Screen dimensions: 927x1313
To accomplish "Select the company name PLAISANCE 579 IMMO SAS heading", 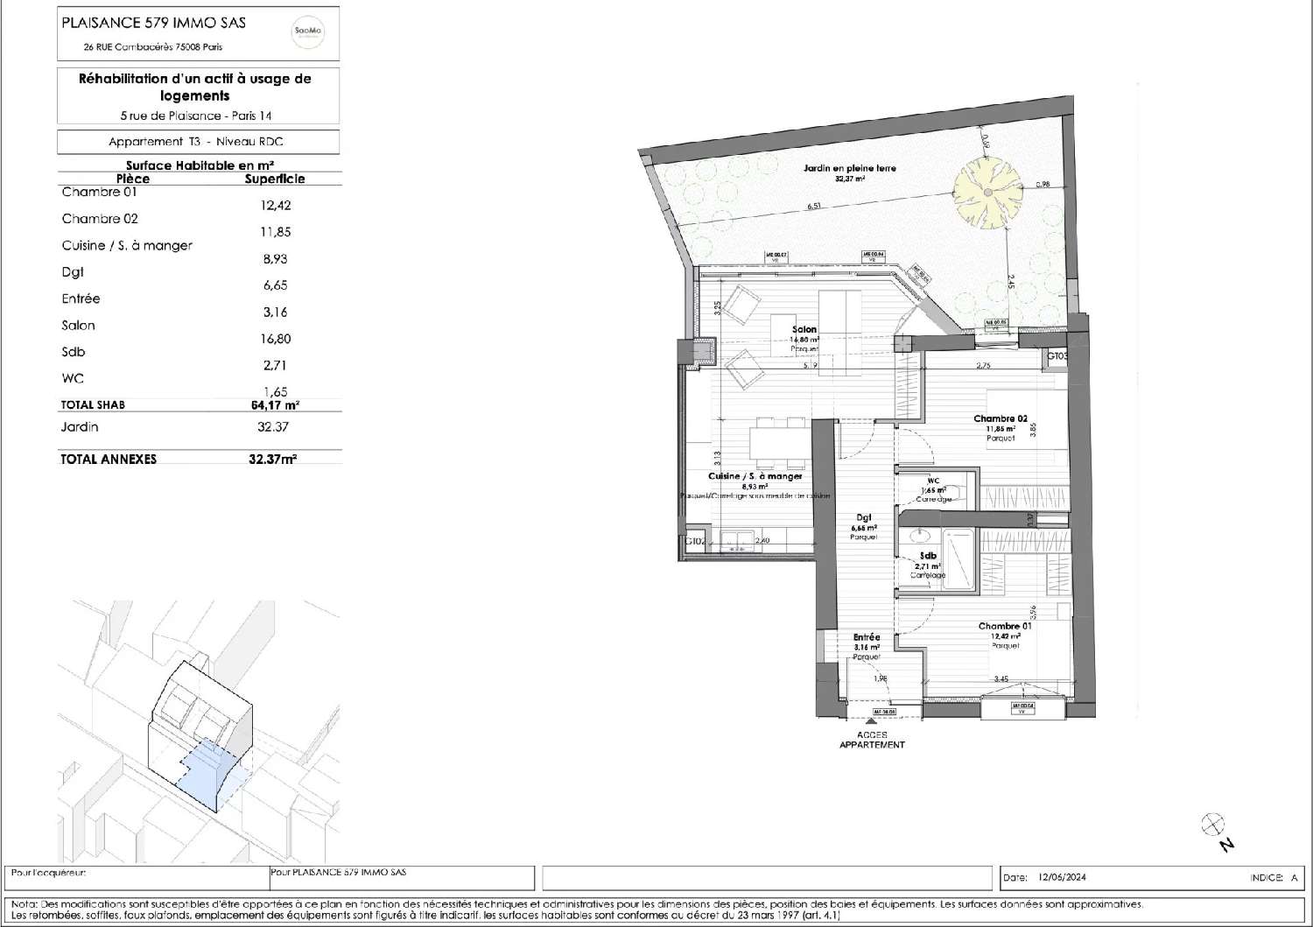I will pos(153,23).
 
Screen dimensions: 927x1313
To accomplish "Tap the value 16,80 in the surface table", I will pos(275,339).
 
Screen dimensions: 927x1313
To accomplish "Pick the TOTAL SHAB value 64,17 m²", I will pos(274,405).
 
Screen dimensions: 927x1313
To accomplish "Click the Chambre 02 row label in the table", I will pos(100,219).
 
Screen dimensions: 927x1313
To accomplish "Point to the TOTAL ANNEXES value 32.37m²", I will pos(272,459).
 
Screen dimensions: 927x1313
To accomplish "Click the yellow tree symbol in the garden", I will pos(987,192).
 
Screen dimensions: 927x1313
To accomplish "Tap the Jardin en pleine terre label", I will pos(849,168).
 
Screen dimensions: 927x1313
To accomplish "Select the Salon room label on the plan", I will pos(804,330).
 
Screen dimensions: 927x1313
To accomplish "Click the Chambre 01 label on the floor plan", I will pos(1005,626).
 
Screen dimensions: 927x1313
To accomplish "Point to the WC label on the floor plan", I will pos(933,481).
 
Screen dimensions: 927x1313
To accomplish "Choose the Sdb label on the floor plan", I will pos(928,556).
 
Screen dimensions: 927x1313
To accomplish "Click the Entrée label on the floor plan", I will pos(867,637).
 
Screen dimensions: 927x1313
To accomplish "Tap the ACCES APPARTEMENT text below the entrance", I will pos(872,740).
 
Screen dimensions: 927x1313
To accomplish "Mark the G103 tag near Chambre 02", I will pos(1057,356).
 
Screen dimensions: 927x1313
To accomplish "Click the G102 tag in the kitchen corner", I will pos(695,541).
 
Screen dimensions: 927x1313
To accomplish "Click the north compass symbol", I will pos(1213,823).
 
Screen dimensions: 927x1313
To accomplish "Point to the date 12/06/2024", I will pos(1062,877).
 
